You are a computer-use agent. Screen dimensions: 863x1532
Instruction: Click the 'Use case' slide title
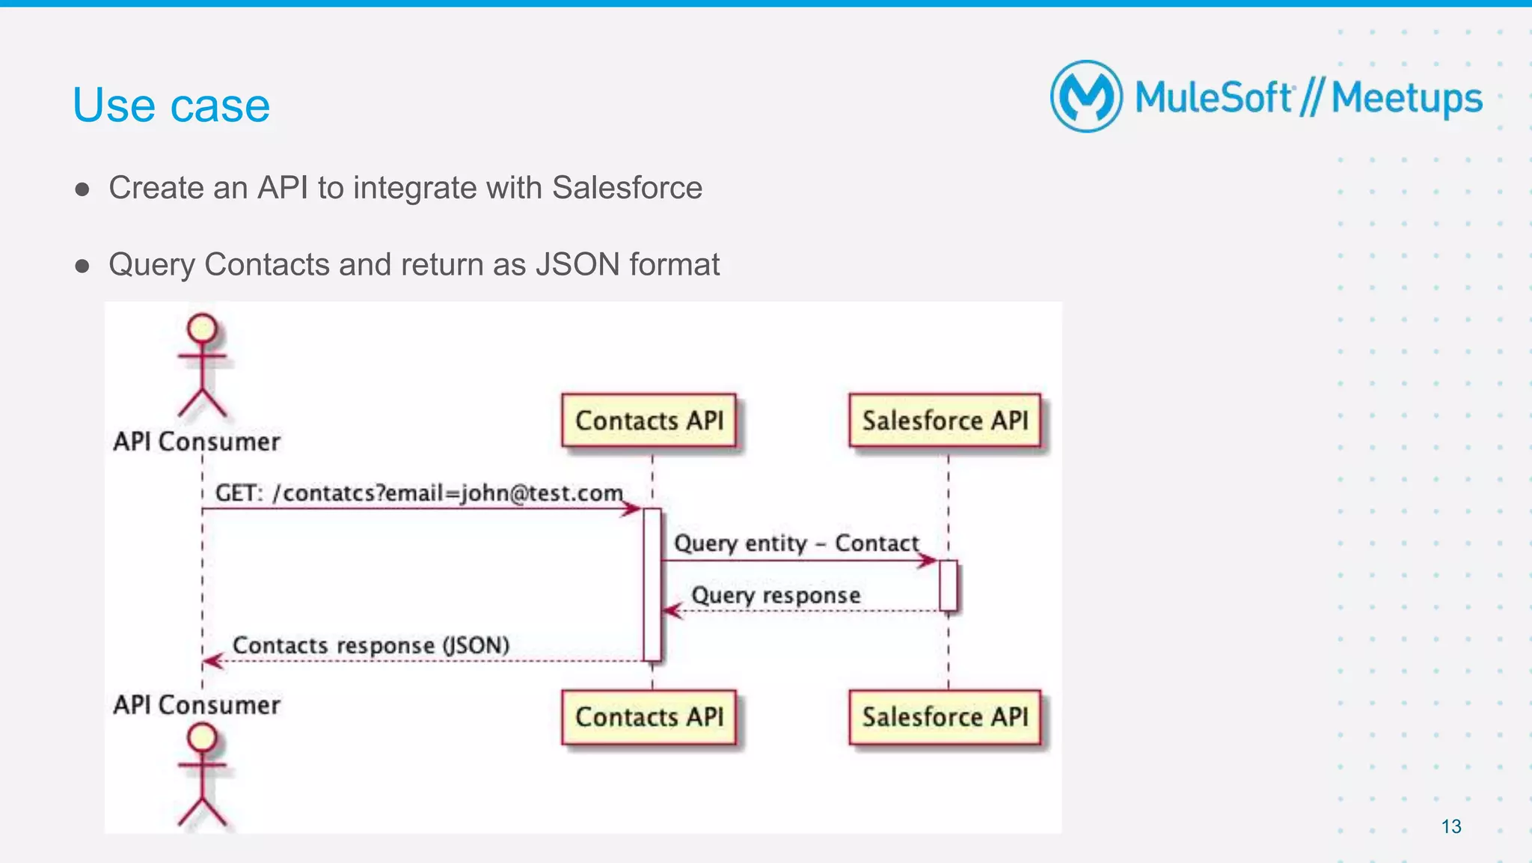point(171,106)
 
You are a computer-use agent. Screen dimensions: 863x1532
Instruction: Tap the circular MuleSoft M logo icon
point(1086,97)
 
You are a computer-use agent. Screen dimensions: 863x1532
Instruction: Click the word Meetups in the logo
point(1406,99)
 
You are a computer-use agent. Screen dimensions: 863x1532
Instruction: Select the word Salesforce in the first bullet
point(627,188)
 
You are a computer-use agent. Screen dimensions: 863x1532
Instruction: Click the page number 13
point(1450,826)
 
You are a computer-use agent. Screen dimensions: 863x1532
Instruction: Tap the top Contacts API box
point(649,421)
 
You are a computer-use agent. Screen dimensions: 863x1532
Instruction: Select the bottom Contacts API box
point(649,717)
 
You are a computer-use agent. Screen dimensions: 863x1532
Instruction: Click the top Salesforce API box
point(945,421)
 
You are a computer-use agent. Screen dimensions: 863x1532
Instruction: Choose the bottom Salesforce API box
point(945,717)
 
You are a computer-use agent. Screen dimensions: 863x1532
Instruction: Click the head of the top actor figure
point(202,329)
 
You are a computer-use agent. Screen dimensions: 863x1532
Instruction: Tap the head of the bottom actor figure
point(202,738)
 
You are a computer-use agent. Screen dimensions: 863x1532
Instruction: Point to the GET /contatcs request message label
point(419,493)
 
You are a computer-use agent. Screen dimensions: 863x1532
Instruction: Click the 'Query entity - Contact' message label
point(796,543)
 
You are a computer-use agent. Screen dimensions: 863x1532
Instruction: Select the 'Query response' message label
point(776,596)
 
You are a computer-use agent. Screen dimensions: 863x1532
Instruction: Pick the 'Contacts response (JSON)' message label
point(371,645)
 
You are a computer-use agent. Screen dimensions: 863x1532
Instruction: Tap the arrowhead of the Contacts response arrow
point(212,661)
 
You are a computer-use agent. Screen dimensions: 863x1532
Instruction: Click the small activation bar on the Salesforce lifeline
point(948,585)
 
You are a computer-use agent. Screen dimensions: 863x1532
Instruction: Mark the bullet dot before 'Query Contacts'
point(82,266)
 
